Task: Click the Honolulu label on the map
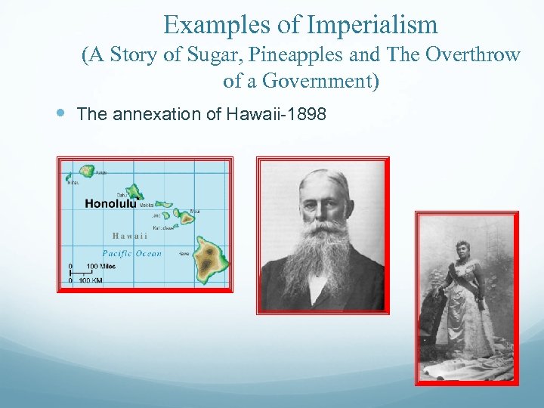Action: pos(110,203)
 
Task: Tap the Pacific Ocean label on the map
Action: pos(131,254)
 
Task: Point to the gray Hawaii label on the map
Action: pos(129,235)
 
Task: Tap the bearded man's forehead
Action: pos(323,186)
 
